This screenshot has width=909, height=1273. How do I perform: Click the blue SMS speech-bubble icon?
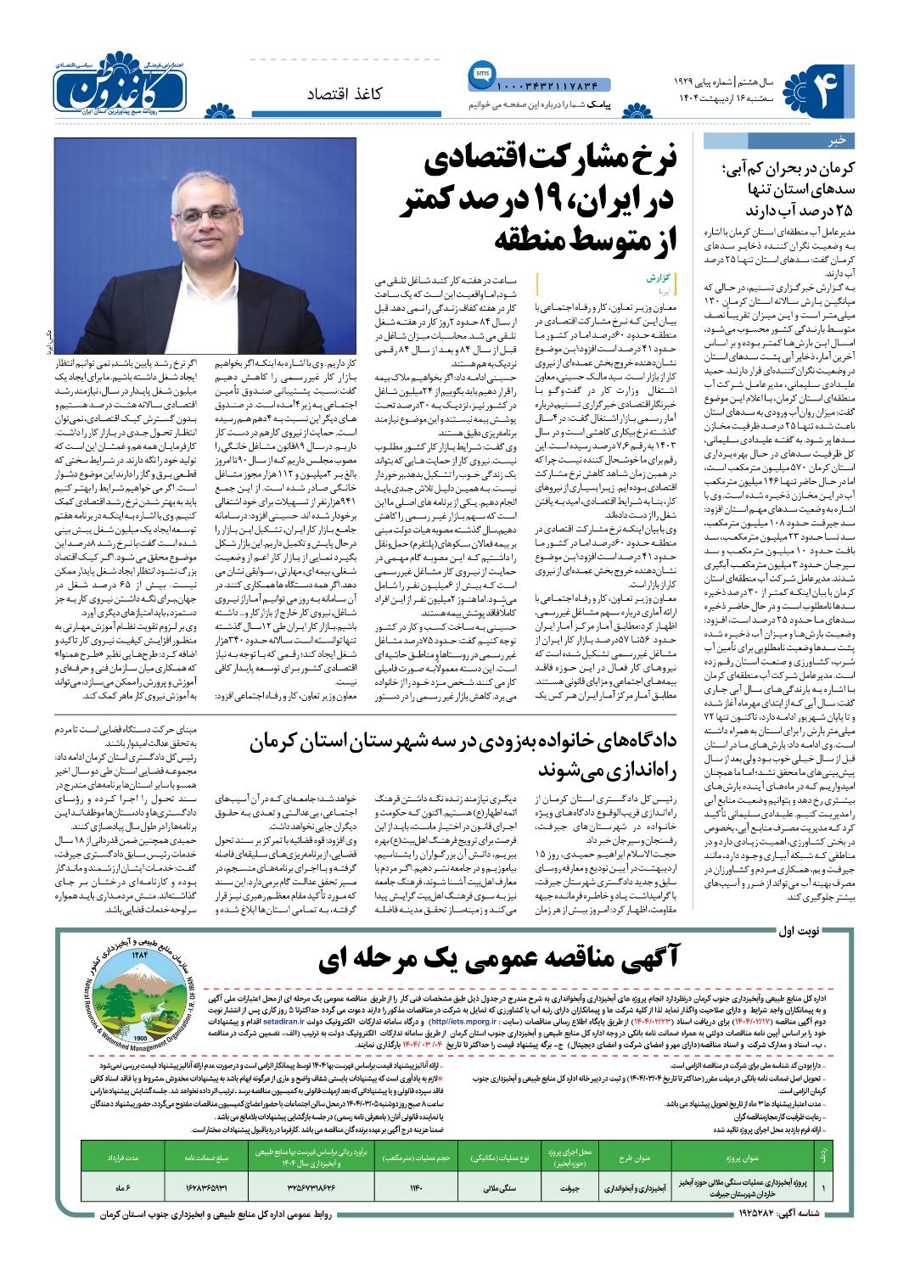point(478,77)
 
